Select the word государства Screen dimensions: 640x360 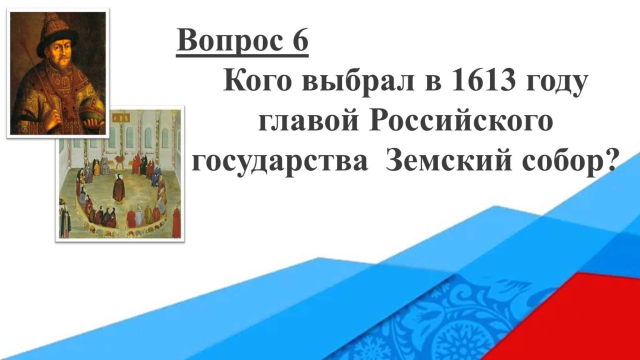[x=280, y=162]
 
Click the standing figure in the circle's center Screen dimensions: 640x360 [x=118, y=188]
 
